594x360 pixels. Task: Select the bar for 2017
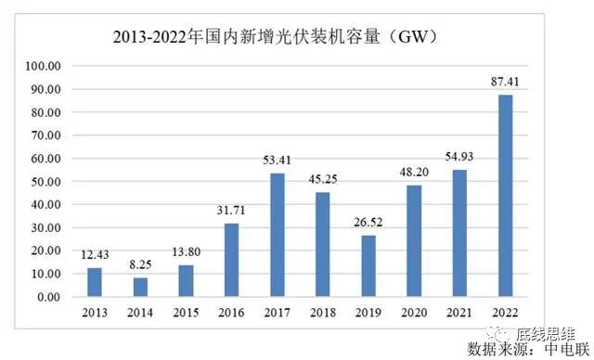tap(278, 235)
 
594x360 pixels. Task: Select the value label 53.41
tap(278, 163)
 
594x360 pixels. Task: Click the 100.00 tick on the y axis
tap(44, 67)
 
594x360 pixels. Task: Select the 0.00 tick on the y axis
tap(48, 297)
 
